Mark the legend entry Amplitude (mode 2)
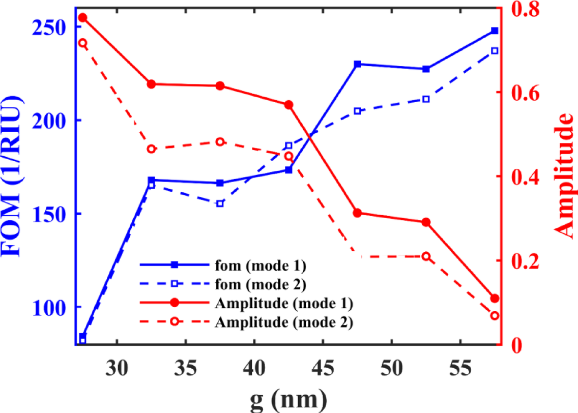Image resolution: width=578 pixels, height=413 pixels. pos(284,321)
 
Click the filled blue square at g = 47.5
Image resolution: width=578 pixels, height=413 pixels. pos(357,64)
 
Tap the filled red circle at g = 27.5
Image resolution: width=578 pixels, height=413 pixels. pos(83,18)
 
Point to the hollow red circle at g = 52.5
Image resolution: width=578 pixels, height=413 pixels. pos(426,256)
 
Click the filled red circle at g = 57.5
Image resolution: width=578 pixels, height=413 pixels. pos(495,299)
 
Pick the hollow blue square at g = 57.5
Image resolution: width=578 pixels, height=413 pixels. pos(495,51)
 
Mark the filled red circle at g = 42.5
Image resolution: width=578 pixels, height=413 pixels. pos(288,105)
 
